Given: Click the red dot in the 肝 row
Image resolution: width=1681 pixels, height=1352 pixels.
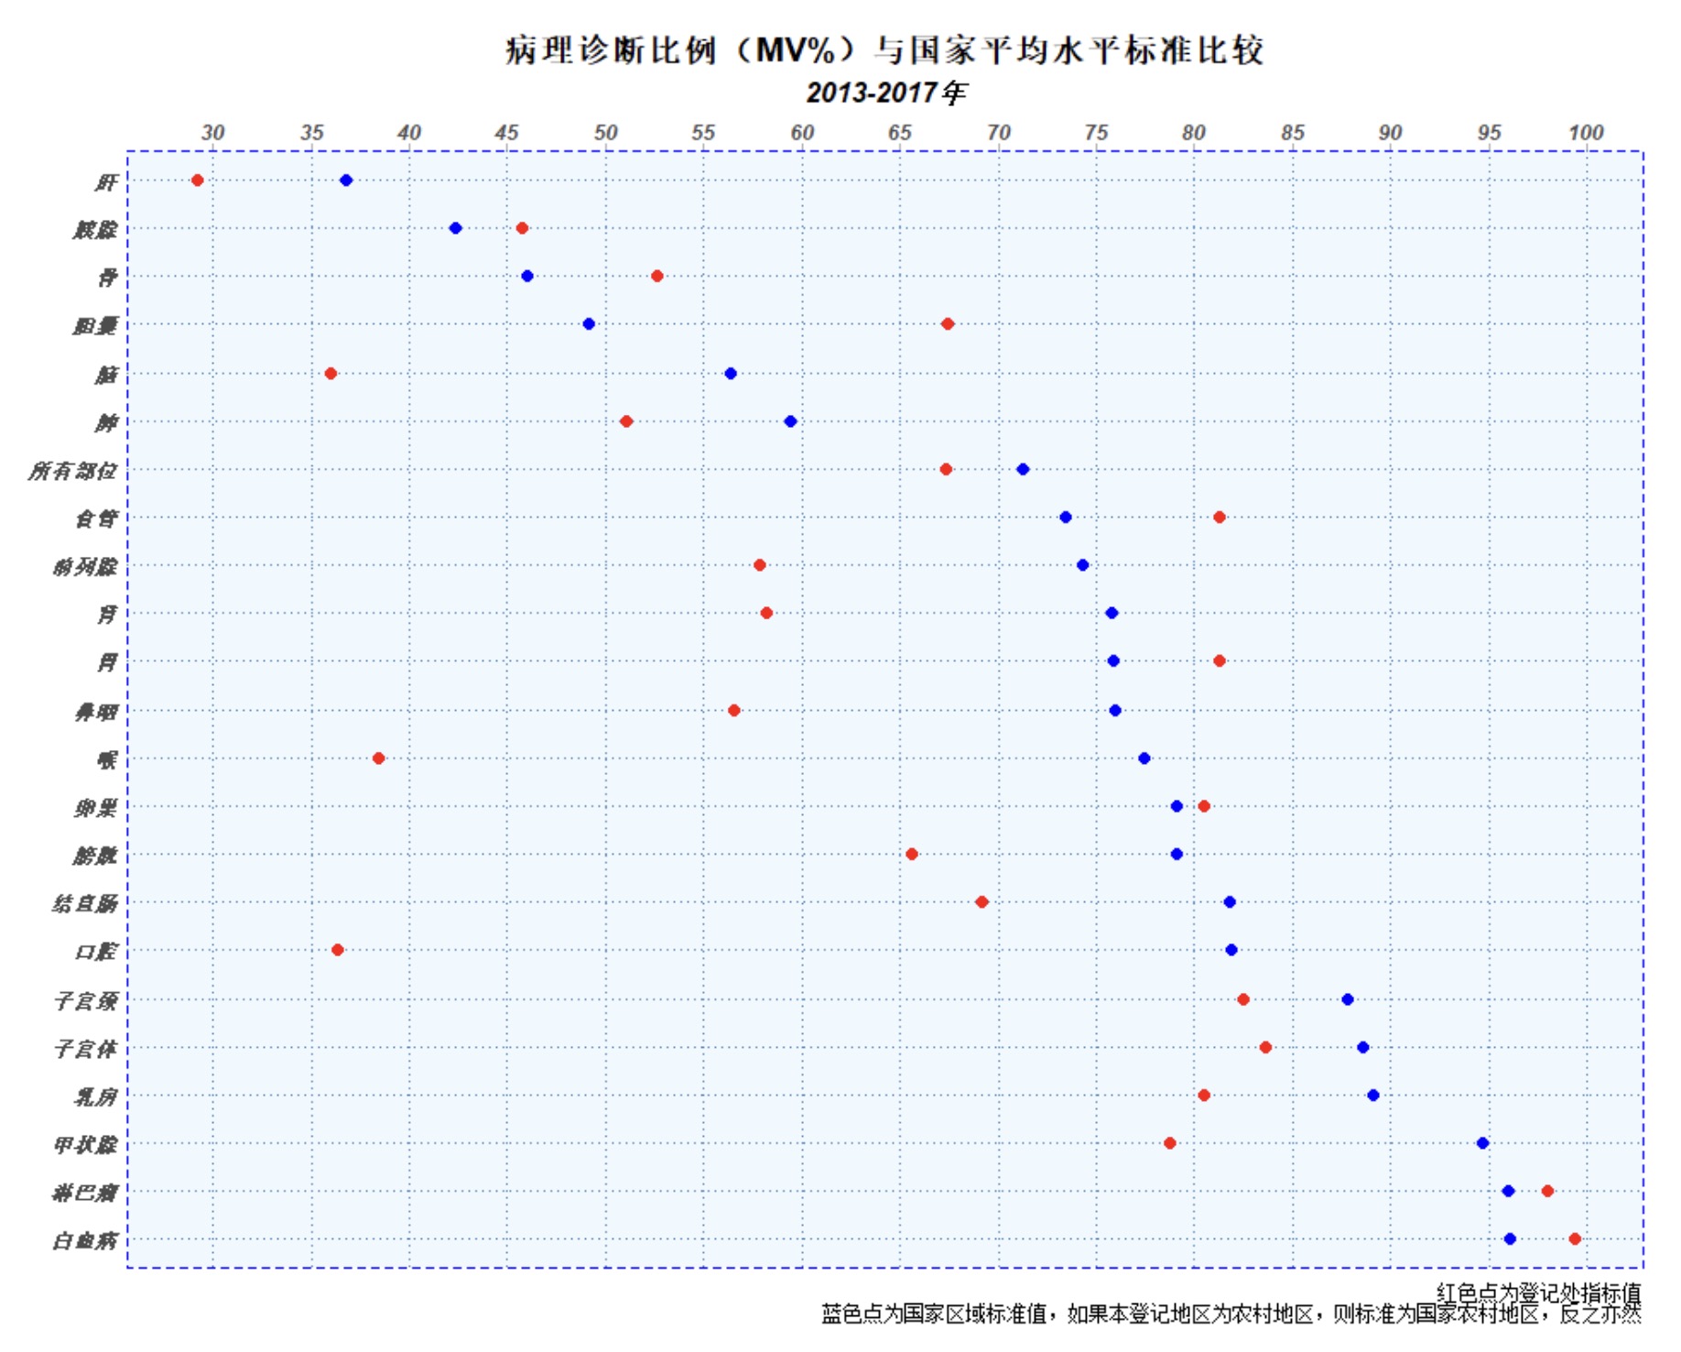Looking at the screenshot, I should click(x=197, y=180).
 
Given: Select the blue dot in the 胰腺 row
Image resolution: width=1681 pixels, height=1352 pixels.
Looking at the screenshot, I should click(x=455, y=228).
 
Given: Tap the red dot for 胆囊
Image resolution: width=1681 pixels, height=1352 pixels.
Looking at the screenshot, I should click(x=948, y=324).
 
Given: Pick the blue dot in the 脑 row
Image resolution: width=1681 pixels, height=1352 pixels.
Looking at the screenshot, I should click(x=731, y=374).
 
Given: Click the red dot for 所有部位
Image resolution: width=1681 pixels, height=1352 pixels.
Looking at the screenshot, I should click(x=946, y=469).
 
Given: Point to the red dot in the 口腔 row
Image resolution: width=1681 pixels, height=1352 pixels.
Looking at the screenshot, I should click(x=338, y=950).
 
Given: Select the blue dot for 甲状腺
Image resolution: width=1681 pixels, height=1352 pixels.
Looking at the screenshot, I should click(x=1482, y=1143).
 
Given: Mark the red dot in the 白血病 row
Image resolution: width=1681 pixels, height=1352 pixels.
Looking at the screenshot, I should click(x=1575, y=1238).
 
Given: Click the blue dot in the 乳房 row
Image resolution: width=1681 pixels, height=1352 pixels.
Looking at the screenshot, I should click(x=1372, y=1096).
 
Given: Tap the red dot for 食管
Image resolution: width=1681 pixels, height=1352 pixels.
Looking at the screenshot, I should click(x=1220, y=518).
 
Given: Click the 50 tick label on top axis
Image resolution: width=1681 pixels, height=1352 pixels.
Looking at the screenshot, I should click(x=605, y=133).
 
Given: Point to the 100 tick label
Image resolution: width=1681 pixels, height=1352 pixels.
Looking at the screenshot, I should click(x=1586, y=133).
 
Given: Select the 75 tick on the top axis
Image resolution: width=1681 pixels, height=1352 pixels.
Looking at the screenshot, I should click(x=1096, y=133).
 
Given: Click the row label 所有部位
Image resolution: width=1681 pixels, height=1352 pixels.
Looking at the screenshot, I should click(x=73, y=471).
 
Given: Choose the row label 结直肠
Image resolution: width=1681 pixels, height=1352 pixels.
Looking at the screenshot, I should click(x=85, y=904).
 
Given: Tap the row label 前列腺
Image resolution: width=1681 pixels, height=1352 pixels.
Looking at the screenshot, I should click(x=85, y=567).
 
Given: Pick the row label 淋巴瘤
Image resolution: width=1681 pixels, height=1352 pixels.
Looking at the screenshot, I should click(x=85, y=1193).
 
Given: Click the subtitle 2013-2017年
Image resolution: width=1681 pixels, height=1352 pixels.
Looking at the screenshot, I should click(x=885, y=93).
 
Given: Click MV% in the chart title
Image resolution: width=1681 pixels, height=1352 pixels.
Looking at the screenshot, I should click(x=796, y=50).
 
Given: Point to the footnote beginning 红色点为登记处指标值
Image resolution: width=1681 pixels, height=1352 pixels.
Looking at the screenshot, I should click(x=1538, y=1292).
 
